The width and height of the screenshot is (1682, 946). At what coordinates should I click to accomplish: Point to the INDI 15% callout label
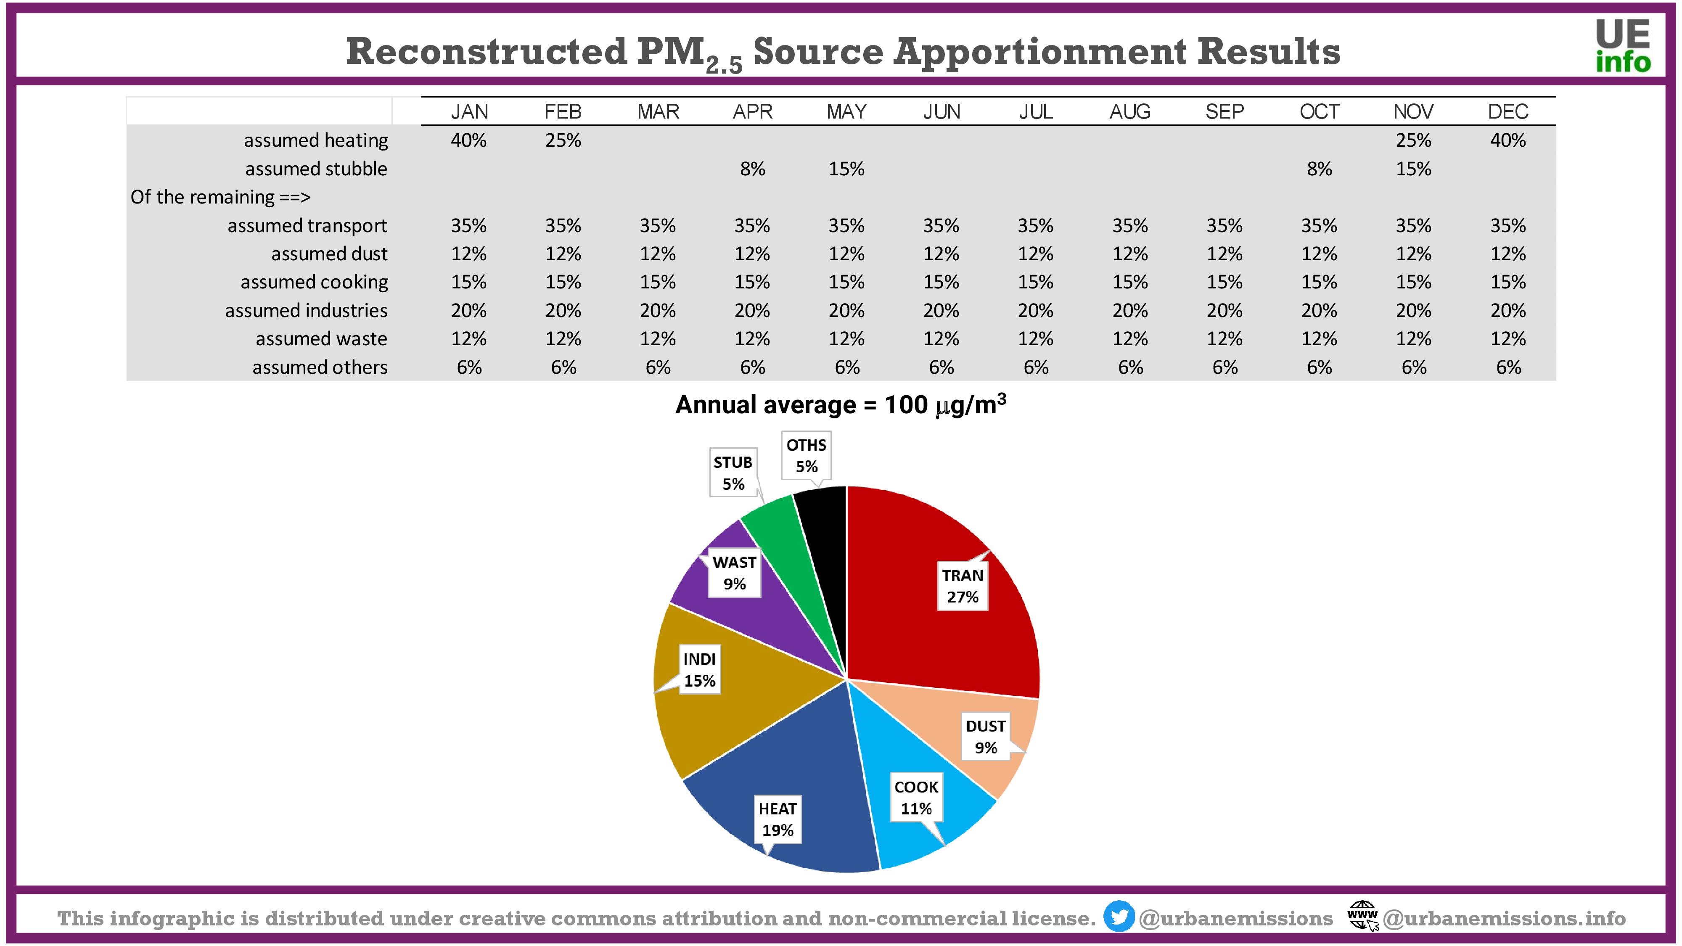click(699, 670)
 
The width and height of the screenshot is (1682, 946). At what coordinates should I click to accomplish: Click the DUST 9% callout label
click(985, 737)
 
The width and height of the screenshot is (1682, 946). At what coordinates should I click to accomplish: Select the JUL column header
click(1036, 112)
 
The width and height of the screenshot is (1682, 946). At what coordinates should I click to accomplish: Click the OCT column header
click(1319, 112)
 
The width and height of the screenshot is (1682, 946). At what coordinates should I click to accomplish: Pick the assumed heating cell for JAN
click(469, 140)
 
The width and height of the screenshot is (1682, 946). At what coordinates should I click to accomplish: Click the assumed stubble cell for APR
click(752, 169)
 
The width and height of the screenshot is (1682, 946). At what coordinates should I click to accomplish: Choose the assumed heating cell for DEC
click(1507, 140)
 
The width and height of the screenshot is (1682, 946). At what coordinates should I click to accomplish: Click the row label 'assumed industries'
click(306, 310)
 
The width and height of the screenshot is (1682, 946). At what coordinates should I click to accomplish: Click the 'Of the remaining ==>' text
click(220, 197)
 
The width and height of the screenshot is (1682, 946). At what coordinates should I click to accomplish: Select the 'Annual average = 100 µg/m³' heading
click(840, 405)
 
